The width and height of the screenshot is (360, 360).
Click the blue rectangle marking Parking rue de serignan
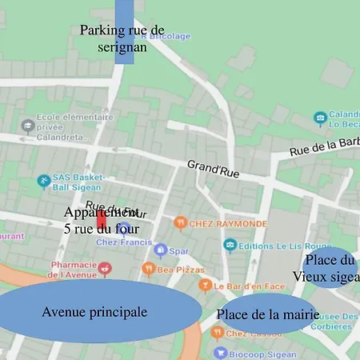124,32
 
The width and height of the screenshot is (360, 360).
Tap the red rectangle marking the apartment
102,219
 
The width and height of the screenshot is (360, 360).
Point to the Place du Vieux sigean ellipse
329,268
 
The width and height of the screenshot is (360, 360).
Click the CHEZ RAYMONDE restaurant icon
180,222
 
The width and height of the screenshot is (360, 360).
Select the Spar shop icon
160,250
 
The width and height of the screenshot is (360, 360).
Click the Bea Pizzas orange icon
147,270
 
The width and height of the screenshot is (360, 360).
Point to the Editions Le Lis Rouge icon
230,244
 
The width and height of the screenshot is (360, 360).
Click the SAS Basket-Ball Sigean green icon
43,182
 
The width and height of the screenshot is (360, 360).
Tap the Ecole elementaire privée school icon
28,125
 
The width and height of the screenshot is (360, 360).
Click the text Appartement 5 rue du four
102,221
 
